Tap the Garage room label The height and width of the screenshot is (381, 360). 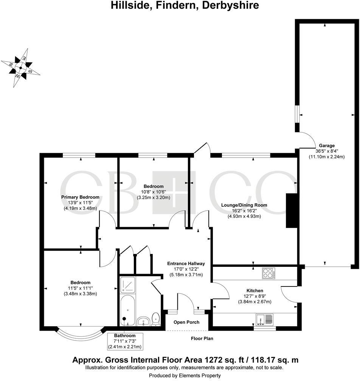tap(326, 145)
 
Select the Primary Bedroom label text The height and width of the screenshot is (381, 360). tap(80, 197)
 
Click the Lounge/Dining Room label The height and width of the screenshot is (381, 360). tap(244, 205)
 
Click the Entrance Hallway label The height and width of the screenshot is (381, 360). tap(186, 263)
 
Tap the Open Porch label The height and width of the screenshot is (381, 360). tap(186, 322)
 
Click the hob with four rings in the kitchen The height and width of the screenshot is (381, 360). tap(268, 273)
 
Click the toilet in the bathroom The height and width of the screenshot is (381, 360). tap(155, 319)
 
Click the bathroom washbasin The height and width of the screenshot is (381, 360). tap(143, 322)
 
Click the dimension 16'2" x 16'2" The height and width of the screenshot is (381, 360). tap(244, 211)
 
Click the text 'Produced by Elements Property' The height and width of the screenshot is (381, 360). tap(185, 375)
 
